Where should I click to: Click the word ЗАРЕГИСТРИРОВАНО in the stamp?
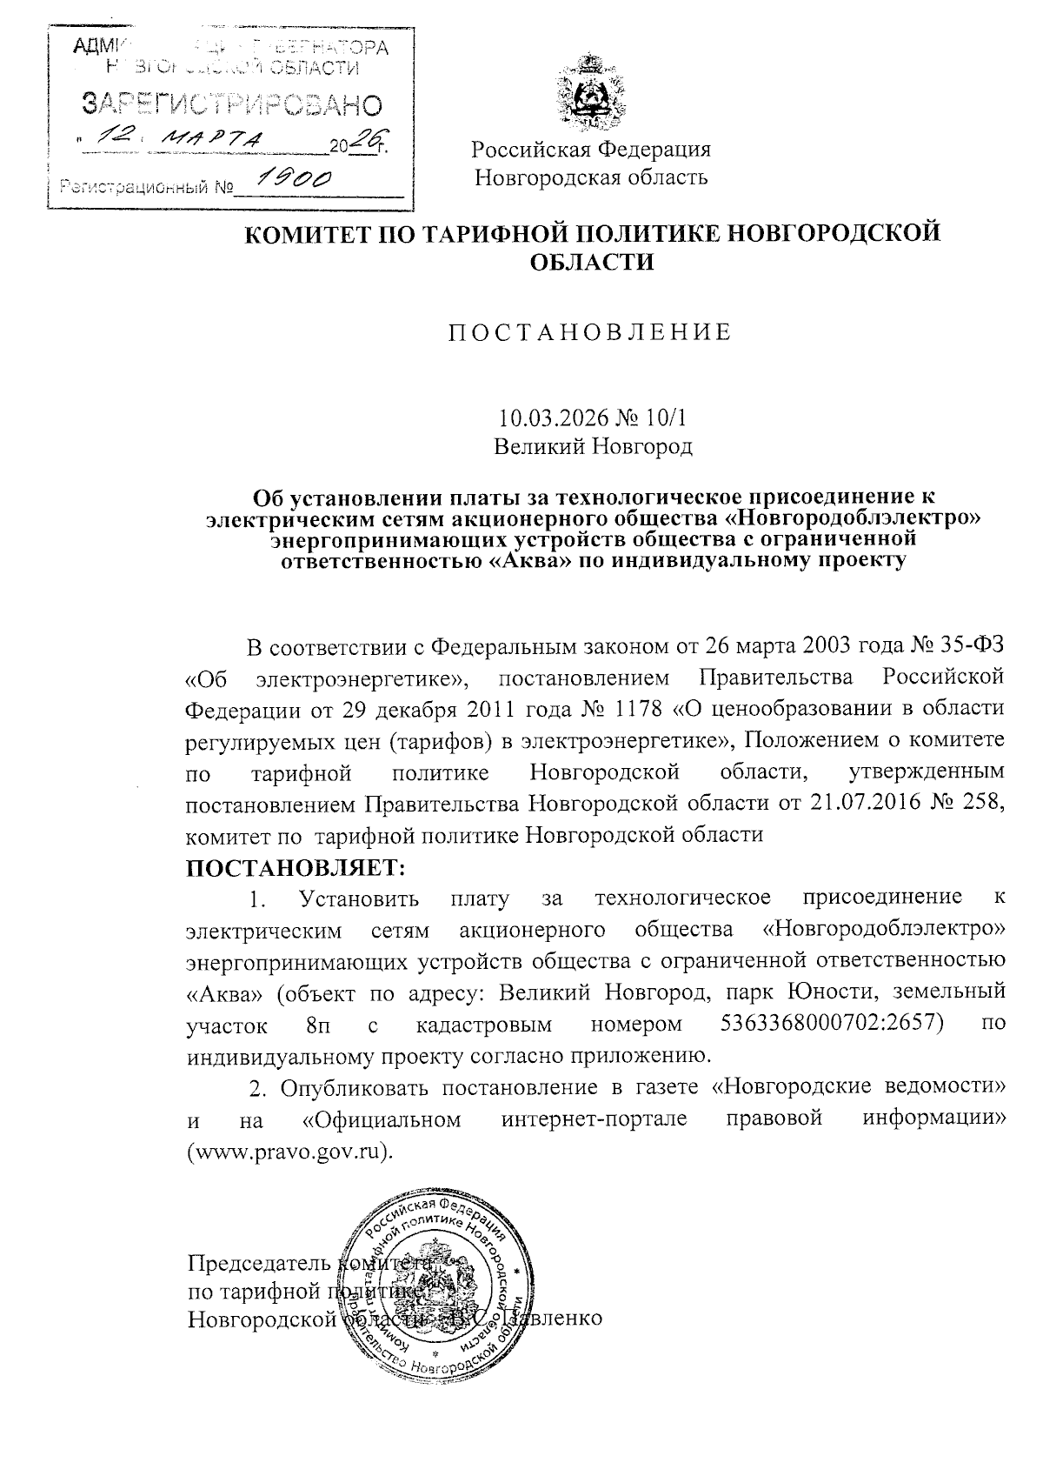231,105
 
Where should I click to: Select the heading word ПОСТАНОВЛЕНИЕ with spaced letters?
590,333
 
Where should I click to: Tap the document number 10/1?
665,418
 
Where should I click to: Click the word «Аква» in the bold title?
526,560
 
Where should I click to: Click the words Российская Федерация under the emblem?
591,149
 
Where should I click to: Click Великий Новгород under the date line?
593,447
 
